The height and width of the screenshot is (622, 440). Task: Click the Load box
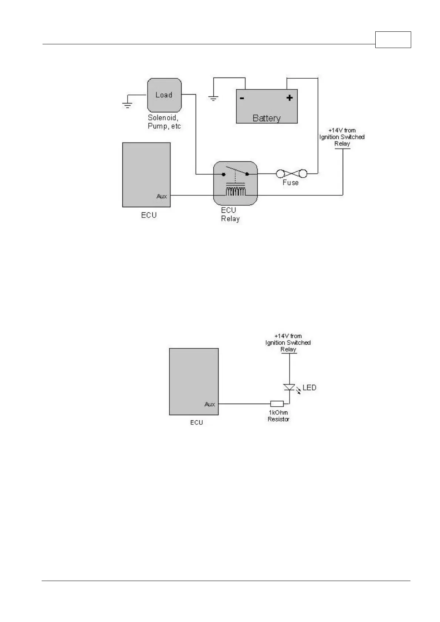(x=164, y=95)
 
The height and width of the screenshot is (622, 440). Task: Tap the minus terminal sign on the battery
(x=242, y=98)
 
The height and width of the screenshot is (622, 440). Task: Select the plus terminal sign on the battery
(x=290, y=98)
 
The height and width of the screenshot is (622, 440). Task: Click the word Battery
(x=266, y=118)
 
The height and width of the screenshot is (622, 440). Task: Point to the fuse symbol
(x=292, y=173)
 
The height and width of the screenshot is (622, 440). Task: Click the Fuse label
(x=290, y=182)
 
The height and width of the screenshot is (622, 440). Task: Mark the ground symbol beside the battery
(x=213, y=98)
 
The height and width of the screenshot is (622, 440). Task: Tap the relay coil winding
(x=236, y=191)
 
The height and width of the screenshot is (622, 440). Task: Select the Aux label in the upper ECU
(x=162, y=196)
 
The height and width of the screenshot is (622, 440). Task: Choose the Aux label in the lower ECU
(x=210, y=404)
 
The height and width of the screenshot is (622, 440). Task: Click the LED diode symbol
(x=289, y=387)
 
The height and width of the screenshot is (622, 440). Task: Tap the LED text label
(x=309, y=387)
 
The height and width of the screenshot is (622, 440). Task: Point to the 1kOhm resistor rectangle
(x=277, y=404)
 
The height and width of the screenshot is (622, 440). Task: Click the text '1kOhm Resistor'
(x=278, y=416)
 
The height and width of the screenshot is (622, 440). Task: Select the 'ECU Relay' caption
(x=230, y=214)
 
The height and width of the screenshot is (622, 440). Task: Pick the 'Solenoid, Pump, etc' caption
(x=164, y=122)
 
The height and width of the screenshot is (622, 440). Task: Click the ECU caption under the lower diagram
(x=196, y=422)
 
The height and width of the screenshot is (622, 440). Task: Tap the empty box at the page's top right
(x=393, y=40)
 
